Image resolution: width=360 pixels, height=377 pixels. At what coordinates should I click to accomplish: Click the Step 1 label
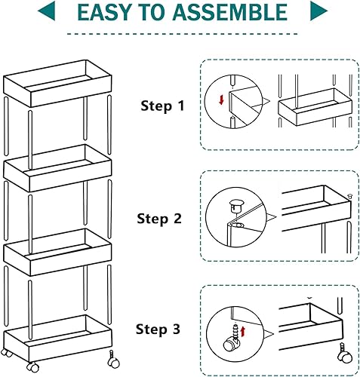(x=162, y=106)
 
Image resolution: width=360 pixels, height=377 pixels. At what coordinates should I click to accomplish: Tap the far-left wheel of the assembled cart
(x=8, y=353)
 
